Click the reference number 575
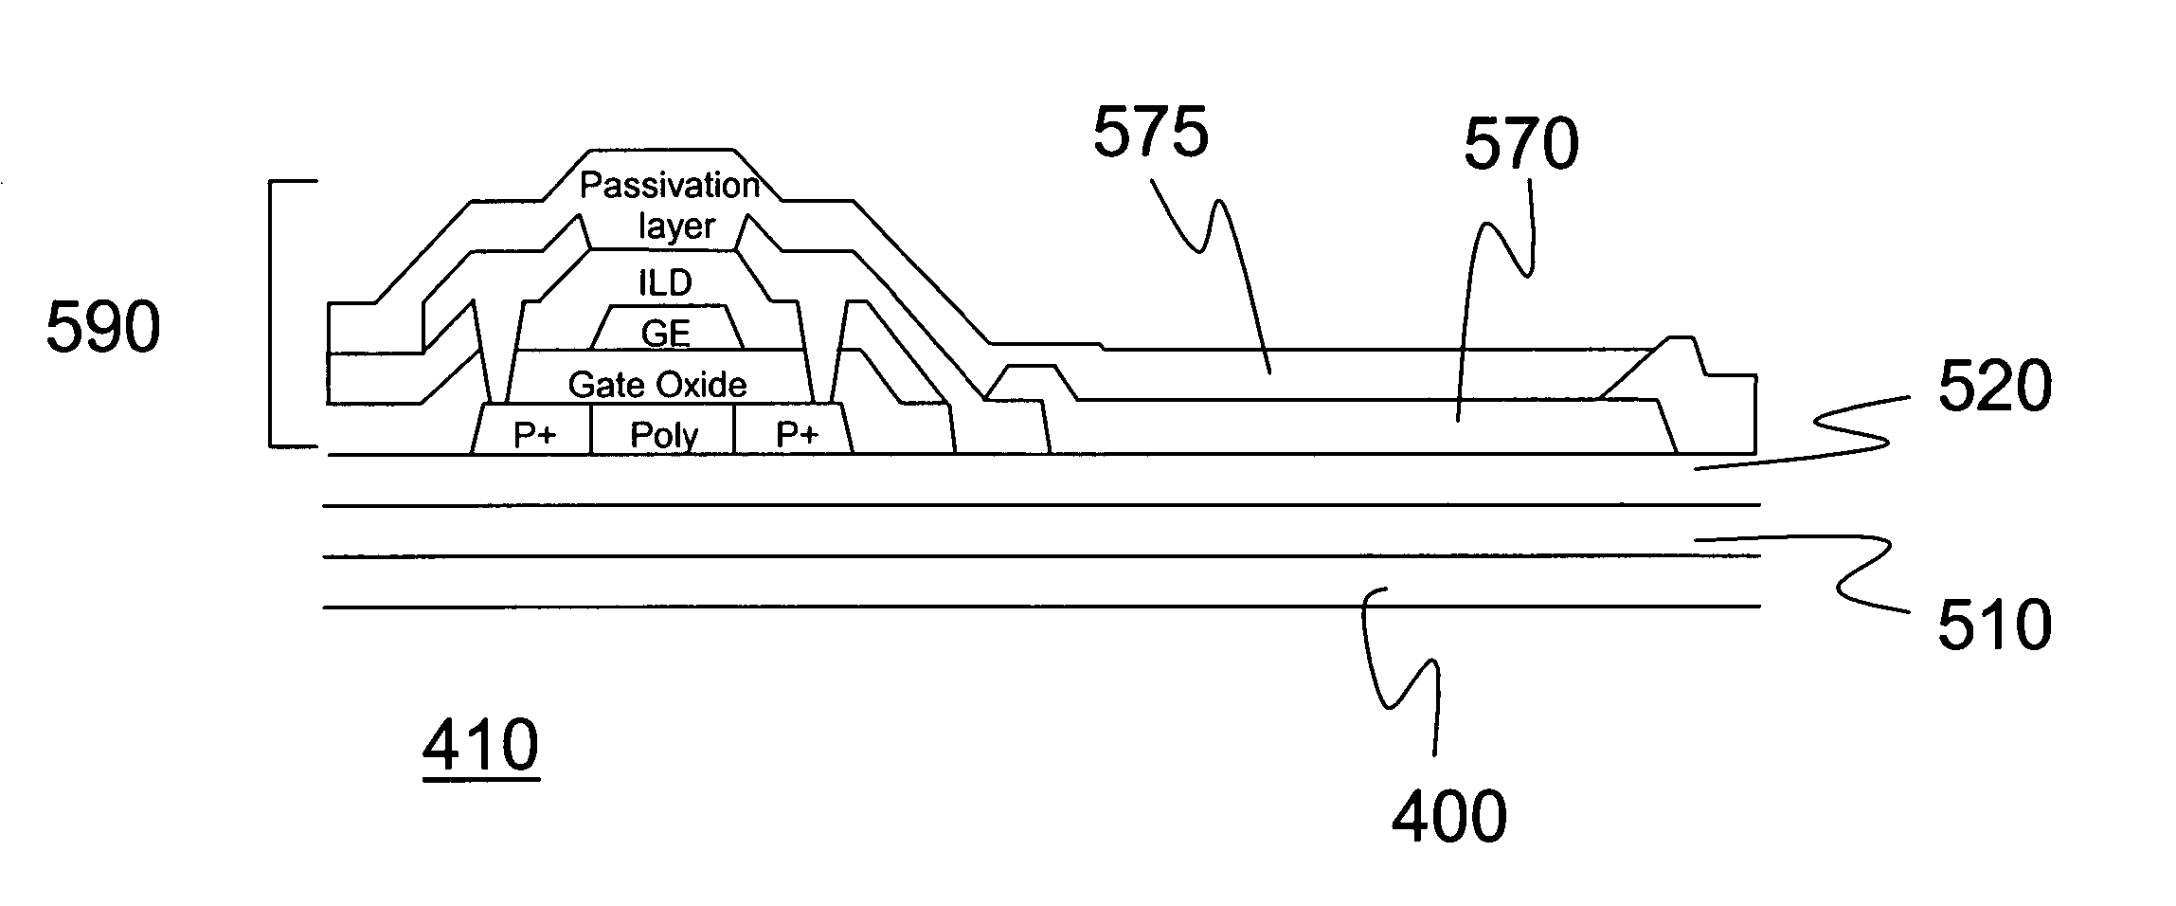pos(1151,132)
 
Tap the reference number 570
pos(1520,145)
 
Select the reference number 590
pos(103,329)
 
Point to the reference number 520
pos(1994,388)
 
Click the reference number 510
pos(1994,625)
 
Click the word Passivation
pos(670,185)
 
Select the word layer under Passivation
pos(675,226)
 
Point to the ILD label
pos(665,282)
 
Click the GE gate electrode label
pos(665,333)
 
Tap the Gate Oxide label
pos(657,384)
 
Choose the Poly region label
pos(663,435)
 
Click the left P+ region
pos(534,434)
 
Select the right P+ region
pos(797,434)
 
